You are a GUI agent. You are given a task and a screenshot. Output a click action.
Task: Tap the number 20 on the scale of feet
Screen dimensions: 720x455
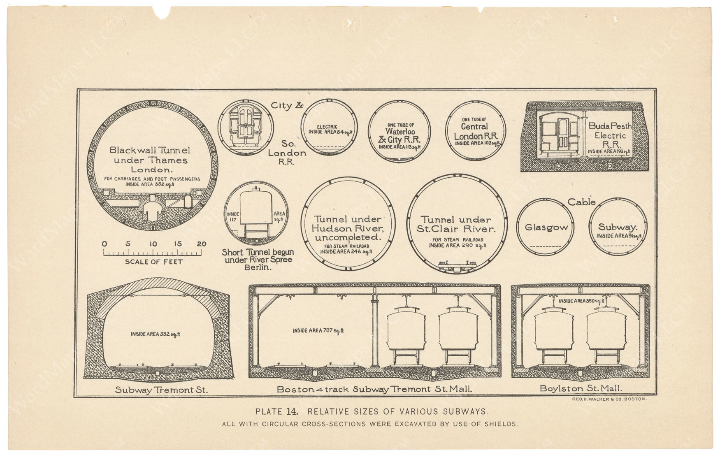click(x=201, y=244)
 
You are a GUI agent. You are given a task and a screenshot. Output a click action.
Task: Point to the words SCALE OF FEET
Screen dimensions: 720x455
click(x=154, y=262)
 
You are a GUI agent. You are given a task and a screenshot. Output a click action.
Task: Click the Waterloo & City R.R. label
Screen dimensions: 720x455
click(x=399, y=136)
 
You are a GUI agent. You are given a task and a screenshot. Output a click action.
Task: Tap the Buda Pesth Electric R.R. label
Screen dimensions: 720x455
click(x=610, y=135)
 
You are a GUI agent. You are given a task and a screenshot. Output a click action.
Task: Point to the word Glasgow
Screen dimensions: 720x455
click(x=546, y=227)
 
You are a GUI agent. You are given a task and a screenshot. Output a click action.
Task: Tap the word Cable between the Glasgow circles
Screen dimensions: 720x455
click(x=582, y=202)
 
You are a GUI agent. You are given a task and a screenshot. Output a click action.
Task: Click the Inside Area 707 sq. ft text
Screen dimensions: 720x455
click(x=318, y=330)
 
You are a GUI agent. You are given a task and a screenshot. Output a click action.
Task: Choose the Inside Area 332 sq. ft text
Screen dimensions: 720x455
click(x=156, y=334)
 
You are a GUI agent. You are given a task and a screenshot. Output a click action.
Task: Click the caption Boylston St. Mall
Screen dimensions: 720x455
click(x=581, y=388)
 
